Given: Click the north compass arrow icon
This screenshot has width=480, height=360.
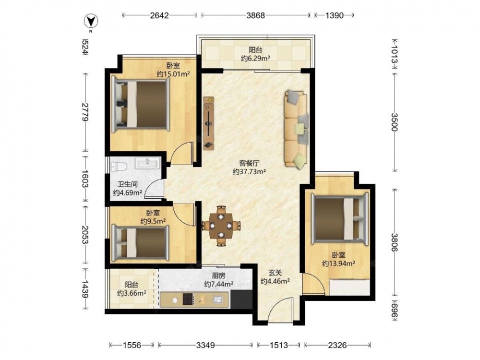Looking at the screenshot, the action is tap(91, 21).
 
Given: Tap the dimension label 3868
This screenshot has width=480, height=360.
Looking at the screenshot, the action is tap(255, 15).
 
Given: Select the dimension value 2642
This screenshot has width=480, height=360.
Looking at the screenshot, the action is tap(159, 15).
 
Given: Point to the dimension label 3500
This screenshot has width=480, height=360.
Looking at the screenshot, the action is tap(394, 122).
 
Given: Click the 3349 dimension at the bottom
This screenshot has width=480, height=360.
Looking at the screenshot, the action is tap(205, 345).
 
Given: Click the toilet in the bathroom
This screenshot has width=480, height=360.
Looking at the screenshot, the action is tap(119, 166).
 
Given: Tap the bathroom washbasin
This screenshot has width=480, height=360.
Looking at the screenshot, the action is tap(148, 163).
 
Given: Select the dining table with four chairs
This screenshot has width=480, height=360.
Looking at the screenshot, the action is tap(221, 226).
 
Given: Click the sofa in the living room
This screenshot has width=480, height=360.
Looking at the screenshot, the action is tap(296, 129).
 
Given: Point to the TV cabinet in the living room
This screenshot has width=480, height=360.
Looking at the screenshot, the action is tap(209, 123).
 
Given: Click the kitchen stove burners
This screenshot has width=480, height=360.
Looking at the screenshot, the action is tap(188, 299).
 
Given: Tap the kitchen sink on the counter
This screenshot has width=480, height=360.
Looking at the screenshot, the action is tap(218, 299).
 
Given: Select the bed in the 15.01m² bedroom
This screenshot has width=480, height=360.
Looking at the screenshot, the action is tap(141, 104).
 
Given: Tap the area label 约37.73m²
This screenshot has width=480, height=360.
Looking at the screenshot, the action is tap(249, 172).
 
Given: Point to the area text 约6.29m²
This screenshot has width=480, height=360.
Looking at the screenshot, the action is tap(255, 58).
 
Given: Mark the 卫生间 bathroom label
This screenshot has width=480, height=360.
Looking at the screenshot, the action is tap(127, 184).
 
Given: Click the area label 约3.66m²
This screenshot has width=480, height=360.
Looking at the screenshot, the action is tap(132, 293).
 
